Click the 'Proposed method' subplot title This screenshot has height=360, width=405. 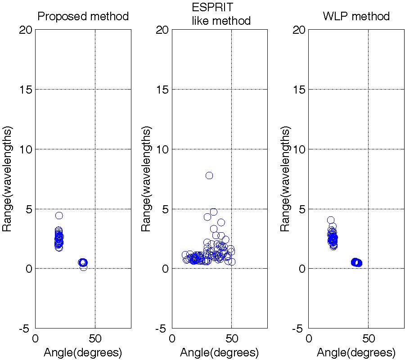tap(83, 17)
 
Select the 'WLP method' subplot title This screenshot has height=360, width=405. tap(356, 17)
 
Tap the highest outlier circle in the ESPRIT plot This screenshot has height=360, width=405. tap(209, 175)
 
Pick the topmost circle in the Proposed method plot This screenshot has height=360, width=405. tap(59, 216)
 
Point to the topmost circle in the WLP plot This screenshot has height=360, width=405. tap(331, 220)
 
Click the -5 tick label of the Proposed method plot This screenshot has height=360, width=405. tap(25, 328)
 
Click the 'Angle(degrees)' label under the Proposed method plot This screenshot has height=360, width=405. tap(83, 353)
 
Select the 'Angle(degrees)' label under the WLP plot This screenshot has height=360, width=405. tap(356, 353)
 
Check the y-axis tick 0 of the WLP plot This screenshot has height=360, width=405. tap(302, 269)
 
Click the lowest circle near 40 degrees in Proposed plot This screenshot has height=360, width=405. tap(84, 267)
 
